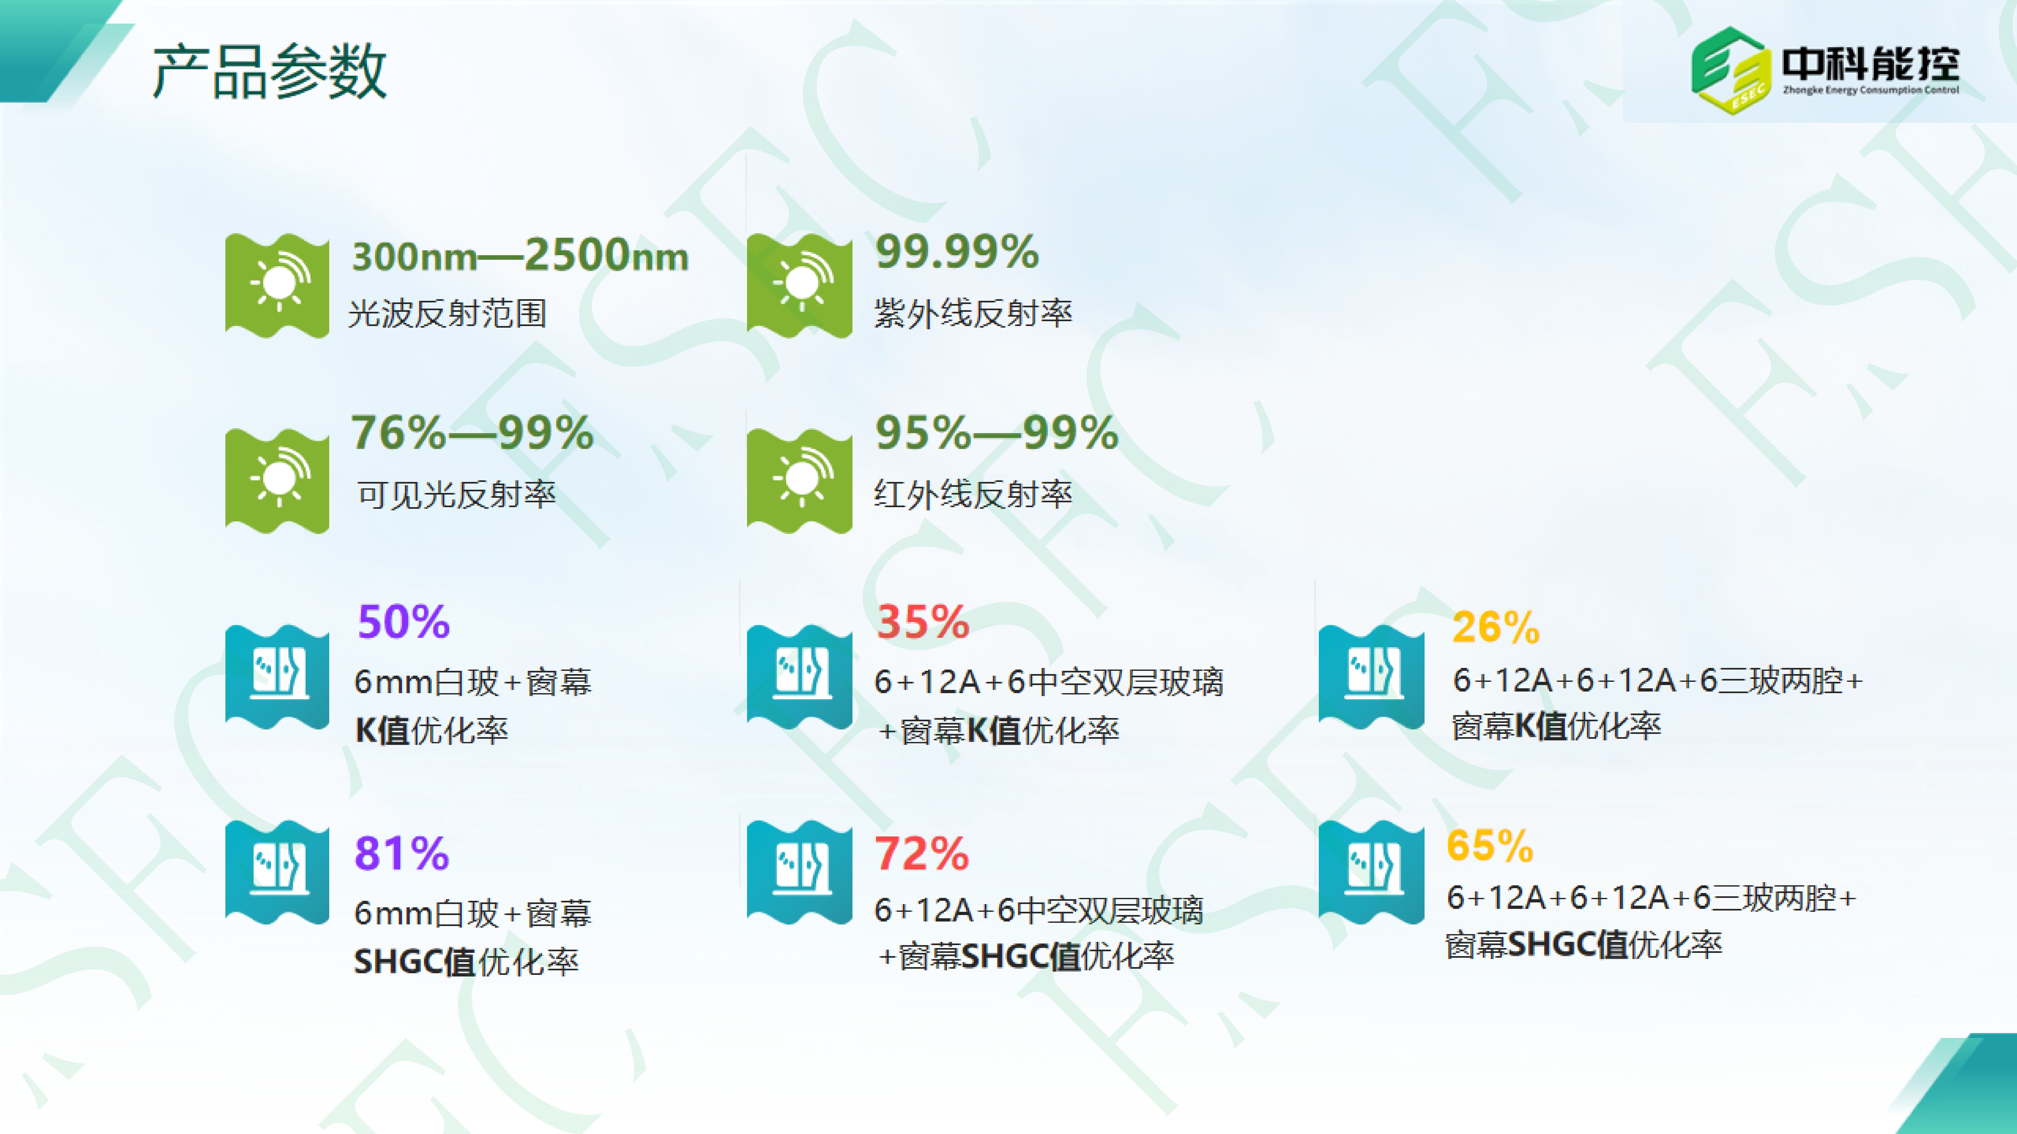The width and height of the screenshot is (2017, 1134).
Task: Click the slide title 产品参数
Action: [269, 71]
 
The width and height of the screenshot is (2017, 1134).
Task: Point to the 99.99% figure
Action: [957, 252]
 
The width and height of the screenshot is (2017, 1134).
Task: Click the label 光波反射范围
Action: [447, 313]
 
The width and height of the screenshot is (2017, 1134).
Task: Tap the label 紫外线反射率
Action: [972, 313]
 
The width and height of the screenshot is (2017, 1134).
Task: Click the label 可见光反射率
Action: [457, 494]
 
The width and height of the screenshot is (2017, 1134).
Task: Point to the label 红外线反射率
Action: [972, 494]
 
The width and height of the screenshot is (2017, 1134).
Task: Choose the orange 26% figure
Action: [1495, 627]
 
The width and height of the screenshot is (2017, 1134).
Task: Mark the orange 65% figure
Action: [1489, 846]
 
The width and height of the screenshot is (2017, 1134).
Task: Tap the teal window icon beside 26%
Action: [1371, 677]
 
